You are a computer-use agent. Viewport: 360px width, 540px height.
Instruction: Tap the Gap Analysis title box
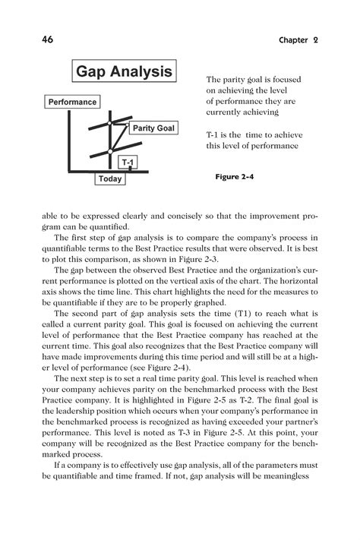pos(123,73)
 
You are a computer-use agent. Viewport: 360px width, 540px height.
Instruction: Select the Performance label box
pos(72,101)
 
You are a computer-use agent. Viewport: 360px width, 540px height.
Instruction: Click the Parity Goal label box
pos(153,128)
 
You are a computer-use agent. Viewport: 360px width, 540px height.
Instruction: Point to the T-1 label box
pos(129,163)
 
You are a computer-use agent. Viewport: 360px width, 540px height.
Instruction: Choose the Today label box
pos(110,179)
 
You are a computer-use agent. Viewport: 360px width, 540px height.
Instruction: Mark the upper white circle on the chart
pos(112,122)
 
